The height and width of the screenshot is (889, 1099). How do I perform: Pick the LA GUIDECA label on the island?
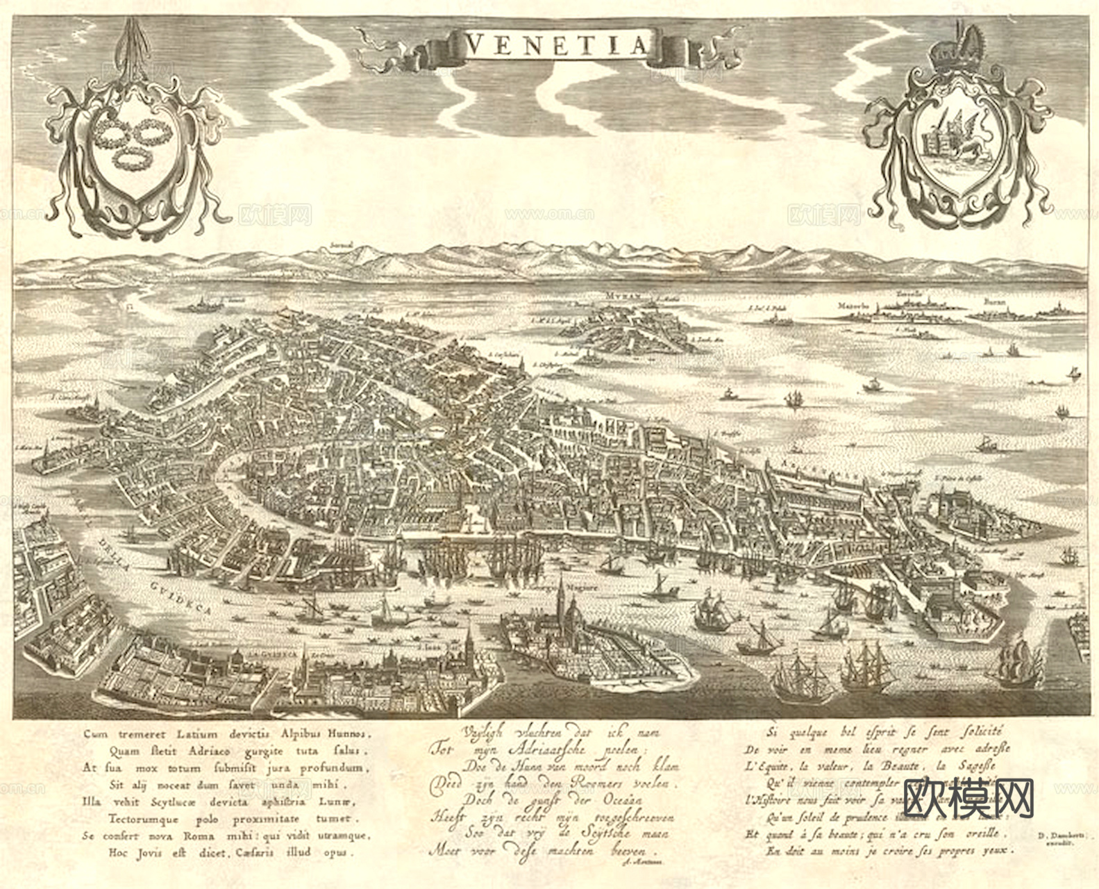(275, 654)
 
